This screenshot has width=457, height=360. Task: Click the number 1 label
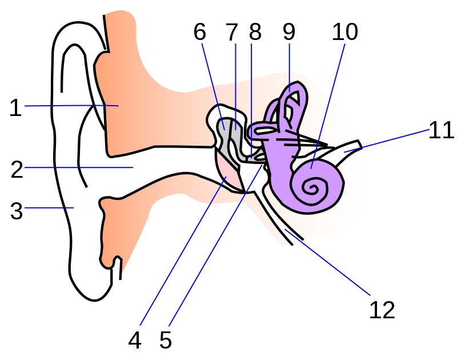pyautogui.click(x=15, y=107)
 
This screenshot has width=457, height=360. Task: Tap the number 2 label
pyautogui.click(x=17, y=169)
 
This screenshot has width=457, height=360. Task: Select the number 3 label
pyautogui.click(x=17, y=210)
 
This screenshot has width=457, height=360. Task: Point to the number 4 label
pyautogui.click(x=134, y=341)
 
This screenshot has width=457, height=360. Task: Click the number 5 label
pyautogui.click(x=165, y=341)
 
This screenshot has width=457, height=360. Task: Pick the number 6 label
pyautogui.click(x=199, y=33)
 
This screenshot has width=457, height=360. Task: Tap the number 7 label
pyautogui.click(x=231, y=33)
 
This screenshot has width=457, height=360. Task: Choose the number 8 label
pyautogui.click(x=255, y=33)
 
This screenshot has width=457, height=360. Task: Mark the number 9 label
pyautogui.click(x=289, y=33)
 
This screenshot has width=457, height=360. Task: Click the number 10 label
pyautogui.click(x=345, y=33)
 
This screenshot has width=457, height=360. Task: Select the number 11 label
pyautogui.click(x=442, y=130)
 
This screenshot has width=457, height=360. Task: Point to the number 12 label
pyautogui.click(x=382, y=310)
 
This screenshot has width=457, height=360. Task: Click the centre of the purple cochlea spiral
pyautogui.click(x=312, y=186)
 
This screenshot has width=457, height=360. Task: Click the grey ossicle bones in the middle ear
pyautogui.click(x=231, y=137)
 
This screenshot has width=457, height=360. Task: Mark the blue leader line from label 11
pyautogui.click(x=388, y=140)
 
